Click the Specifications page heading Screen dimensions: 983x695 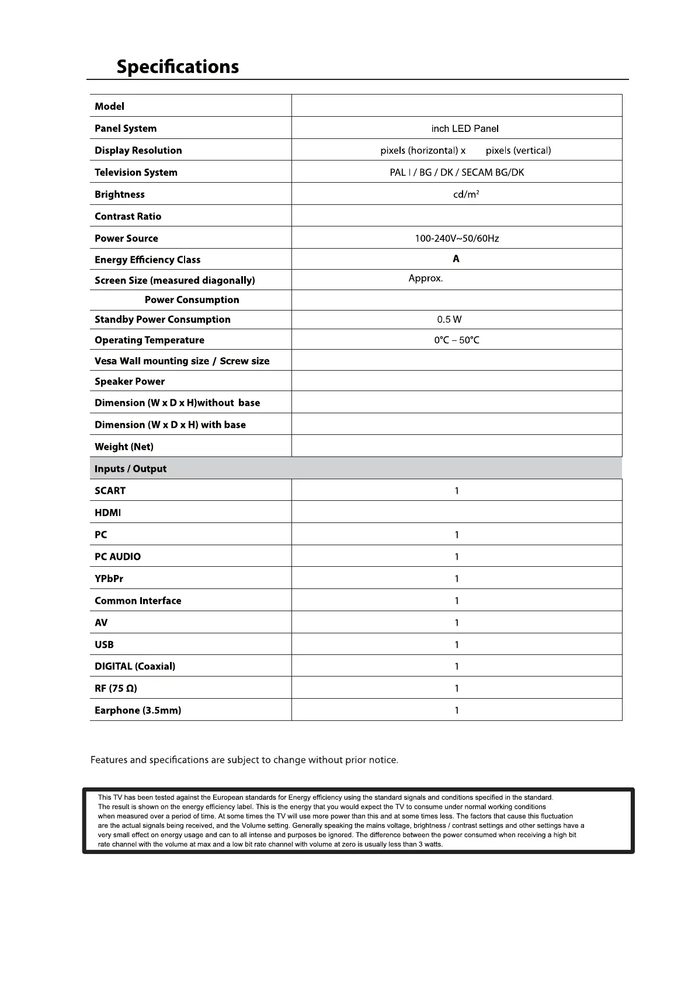pos(178,67)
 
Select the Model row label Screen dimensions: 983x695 pos(109,106)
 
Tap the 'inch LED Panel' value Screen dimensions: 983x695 pos(465,128)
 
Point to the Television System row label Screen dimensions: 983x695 pos(135,172)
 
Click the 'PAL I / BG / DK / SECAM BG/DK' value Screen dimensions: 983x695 pos(457,172)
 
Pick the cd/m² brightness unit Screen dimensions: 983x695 pos(466,194)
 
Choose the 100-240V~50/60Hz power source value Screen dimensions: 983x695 pos(457,238)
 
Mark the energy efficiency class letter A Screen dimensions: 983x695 pos(456,259)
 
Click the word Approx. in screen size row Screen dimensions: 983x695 pos(426,278)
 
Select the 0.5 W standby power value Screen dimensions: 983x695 pos(449,319)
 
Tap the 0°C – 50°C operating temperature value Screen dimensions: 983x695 pos(457,340)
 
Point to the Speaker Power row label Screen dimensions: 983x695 pos(130,381)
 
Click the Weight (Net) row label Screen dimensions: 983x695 pos(124,447)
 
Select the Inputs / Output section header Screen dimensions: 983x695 pos(130,469)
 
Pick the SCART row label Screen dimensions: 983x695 pos(110,490)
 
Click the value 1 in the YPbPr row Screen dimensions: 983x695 pos(457,578)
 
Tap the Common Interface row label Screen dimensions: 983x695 pos(138,601)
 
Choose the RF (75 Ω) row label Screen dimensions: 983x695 pos(116,688)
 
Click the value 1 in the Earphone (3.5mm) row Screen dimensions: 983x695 pos(457,710)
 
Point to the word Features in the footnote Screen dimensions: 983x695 pos(109,760)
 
